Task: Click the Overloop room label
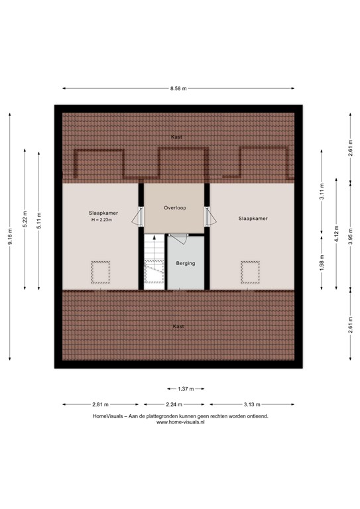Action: (x=175, y=207)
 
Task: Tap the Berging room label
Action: (x=186, y=263)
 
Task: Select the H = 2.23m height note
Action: (x=101, y=220)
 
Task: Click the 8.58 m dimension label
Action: (x=178, y=88)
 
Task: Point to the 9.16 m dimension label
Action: (x=10, y=237)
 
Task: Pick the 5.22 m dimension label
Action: (x=25, y=219)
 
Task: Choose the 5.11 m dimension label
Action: (x=39, y=221)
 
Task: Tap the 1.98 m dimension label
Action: (x=322, y=262)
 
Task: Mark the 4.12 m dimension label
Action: (x=336, y=234)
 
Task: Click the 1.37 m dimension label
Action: (x=186, y=389)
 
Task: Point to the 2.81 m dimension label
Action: (x=100, y=404)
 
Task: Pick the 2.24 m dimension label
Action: (x=174, y=404)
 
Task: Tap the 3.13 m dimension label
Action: (x=252, y=404)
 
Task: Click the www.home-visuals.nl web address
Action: (x=180, y=422)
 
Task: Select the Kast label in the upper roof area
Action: (x=176, y=137)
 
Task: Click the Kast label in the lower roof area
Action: (x=178, y=326)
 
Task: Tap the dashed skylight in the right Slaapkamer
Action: (x=251, y=272)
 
